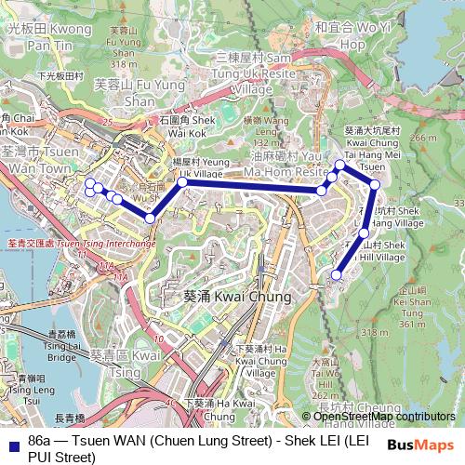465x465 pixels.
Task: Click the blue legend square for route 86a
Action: tap(11, 439)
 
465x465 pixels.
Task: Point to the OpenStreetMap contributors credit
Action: tap(379, 417)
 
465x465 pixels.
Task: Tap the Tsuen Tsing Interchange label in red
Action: tap(81, 244)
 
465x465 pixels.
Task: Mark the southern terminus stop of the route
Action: tap(337, 274)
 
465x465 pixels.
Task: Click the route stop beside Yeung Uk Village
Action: tap(182, 182)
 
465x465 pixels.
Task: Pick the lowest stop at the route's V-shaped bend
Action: tap(150, 219)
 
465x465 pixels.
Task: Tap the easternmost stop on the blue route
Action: tap(375, 184)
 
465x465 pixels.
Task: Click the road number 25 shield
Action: tap(108, 122)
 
